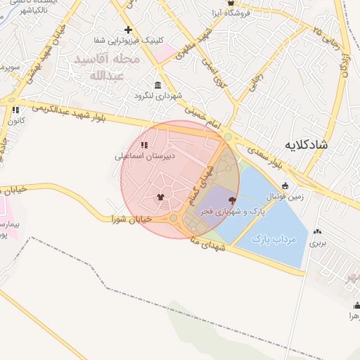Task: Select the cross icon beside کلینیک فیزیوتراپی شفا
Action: (x=127, y=30)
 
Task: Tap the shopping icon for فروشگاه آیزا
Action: (x=230, y=4)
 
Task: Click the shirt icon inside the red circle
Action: (x=160, y=198)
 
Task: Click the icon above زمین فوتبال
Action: (x=285, y=186)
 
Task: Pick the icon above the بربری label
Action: (x=319, y=231)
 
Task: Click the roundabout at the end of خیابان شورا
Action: (x=174, y=219)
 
